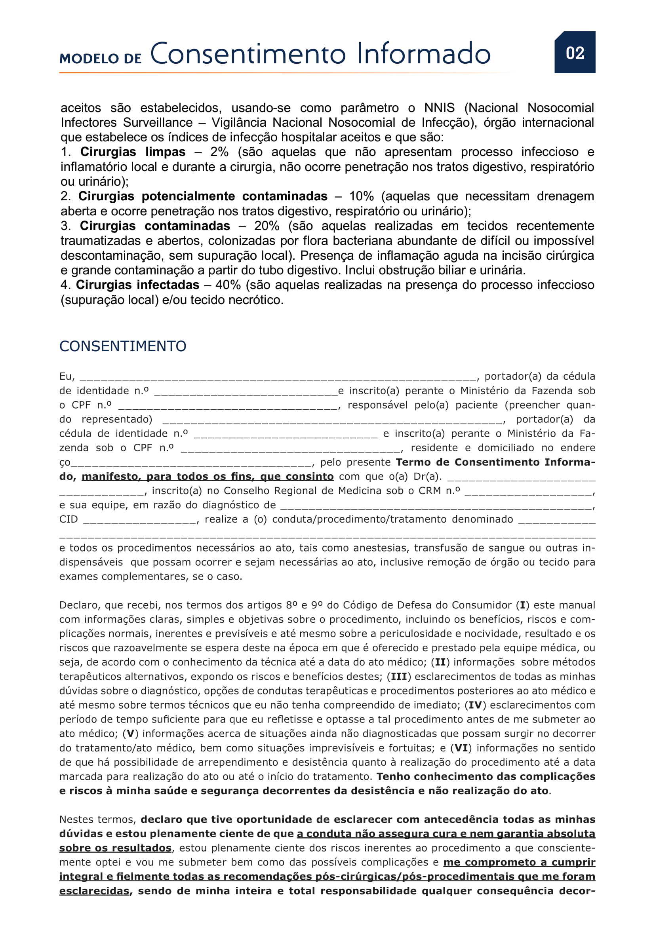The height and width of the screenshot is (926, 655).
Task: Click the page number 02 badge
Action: (575, 52)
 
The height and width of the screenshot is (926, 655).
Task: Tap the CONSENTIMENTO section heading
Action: (123, 346)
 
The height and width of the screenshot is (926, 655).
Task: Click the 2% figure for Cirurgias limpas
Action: (219, 152)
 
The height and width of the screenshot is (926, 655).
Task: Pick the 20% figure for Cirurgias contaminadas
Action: (266, 226)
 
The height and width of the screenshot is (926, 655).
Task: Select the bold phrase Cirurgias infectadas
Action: (137, 285)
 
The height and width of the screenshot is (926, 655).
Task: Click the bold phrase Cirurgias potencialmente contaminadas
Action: (202, 196)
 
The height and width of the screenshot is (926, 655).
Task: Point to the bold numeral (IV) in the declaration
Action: (475, 705)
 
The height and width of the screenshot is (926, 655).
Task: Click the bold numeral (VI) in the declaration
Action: (461, 748)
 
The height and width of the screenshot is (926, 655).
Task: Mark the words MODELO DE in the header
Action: (101, 59)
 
